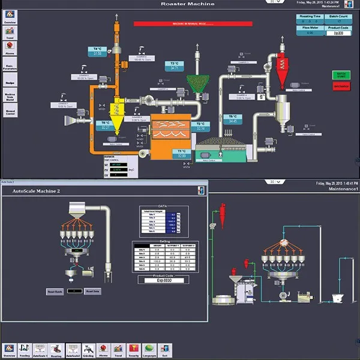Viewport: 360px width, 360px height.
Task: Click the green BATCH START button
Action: (x=341, y=74)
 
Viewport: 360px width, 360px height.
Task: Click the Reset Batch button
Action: (x=54, y=292)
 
